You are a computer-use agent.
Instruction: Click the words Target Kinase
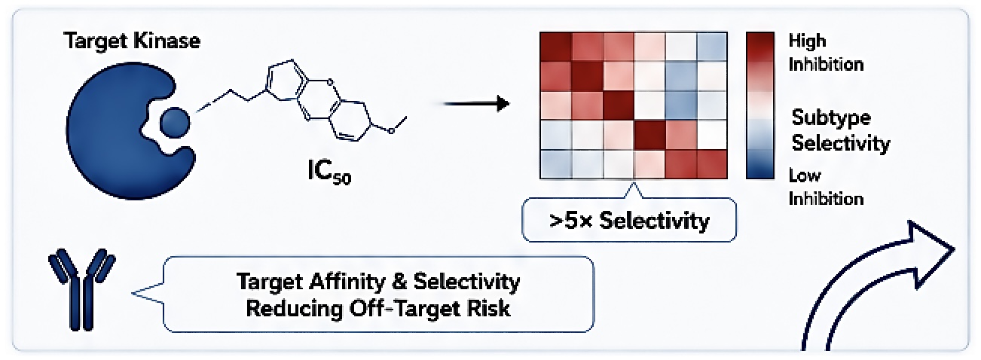tap(132, 41)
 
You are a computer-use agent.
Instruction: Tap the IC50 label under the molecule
tap(329, 172)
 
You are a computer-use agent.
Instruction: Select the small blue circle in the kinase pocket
tap(175, 122)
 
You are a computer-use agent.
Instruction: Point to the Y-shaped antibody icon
tap(81, 289)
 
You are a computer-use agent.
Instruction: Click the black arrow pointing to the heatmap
tap(477, 104)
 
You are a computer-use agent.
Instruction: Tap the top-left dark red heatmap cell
tap(556, 47)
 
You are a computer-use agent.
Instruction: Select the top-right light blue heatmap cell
tap(712, 47)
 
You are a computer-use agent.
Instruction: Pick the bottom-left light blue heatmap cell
tap(556, 164)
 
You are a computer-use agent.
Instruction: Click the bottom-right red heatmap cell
tap(712, 164)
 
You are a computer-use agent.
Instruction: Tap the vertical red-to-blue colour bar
tap(759, 105)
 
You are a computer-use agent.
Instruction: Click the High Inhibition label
tap(826, 53)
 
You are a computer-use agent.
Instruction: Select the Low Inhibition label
tap(826, 187)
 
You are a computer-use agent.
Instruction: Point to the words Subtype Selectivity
tap(840, 130)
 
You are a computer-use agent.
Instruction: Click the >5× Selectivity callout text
tap(629, 220)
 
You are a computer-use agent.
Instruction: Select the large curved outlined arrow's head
tap(928, 254)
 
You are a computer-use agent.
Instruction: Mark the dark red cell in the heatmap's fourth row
tap(649, 135)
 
